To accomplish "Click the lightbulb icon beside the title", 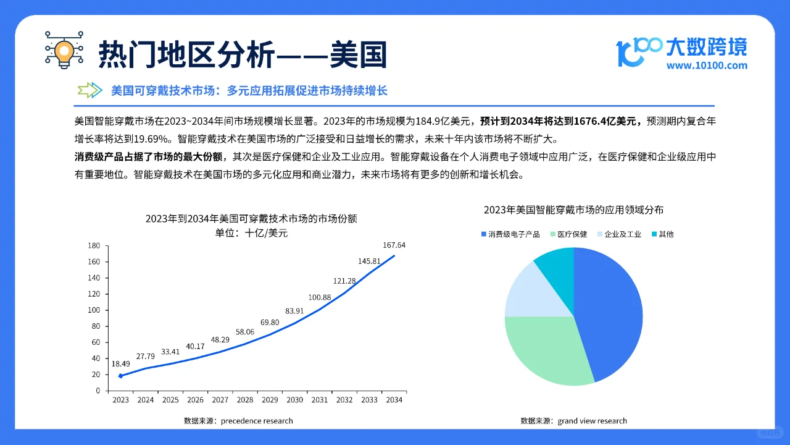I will pyautogui.click(x=64, y=49).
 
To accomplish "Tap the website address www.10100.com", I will pyautogui.click(x=707, y=66).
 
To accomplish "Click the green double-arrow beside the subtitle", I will pyautogui.click(x=90, y=90).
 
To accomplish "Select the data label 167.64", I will pyautogui.click(x=394, y=245).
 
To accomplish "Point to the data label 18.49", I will pyautogui.click(x=121, y=363).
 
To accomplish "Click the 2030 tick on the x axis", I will pyautogui.click(x=294, y=400).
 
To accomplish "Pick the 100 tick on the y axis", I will pyautogui.click(x=94, y=310).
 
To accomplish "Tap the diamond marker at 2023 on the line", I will pyautogui.click(x=121, y=376).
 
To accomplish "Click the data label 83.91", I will pyautogui.click(x=294, y=311).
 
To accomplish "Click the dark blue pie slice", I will pyautogui.click(x=611, y=309).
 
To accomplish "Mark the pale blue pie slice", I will pyautogui.click(x=528, y=290).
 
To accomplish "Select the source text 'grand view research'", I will pyautogui.click(x=592, y=421).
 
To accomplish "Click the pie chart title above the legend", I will pyautogui.click(x=573, y=210).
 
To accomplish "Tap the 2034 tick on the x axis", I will pyautogui.click(x=394, y=400).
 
